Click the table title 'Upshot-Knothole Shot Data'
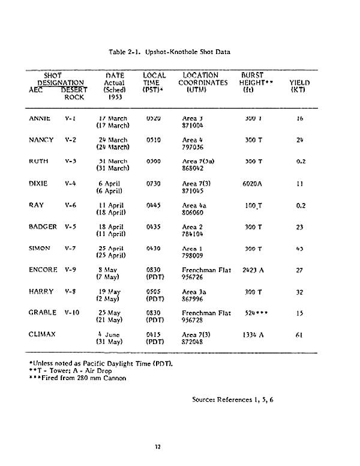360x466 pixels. (169, 52)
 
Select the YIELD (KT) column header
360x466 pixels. (299, 86)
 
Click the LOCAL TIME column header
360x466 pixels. (154, 82)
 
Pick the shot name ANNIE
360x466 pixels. (40, 118)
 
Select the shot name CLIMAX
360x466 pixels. (42, 334)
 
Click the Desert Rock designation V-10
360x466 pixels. (73, 313)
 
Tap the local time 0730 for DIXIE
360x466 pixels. (154, 183)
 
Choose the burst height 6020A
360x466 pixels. (254, 183)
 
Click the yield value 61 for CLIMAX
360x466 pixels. (299, 334)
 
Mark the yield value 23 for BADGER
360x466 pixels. (299, 227)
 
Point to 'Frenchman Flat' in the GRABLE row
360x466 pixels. (206, 313)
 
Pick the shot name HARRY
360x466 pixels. (41, 291)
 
